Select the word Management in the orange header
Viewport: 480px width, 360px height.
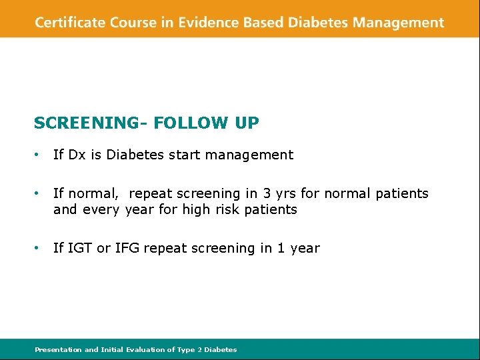tap(398, 23)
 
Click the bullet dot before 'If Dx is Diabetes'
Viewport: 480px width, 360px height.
tap(37, 155)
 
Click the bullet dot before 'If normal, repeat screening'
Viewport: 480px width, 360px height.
tap(37, 194)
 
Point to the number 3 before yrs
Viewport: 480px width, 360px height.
tap(267, 194)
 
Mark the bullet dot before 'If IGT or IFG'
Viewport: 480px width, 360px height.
tap(37, 249)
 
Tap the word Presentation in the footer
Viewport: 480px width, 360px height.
tap(58, 349)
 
